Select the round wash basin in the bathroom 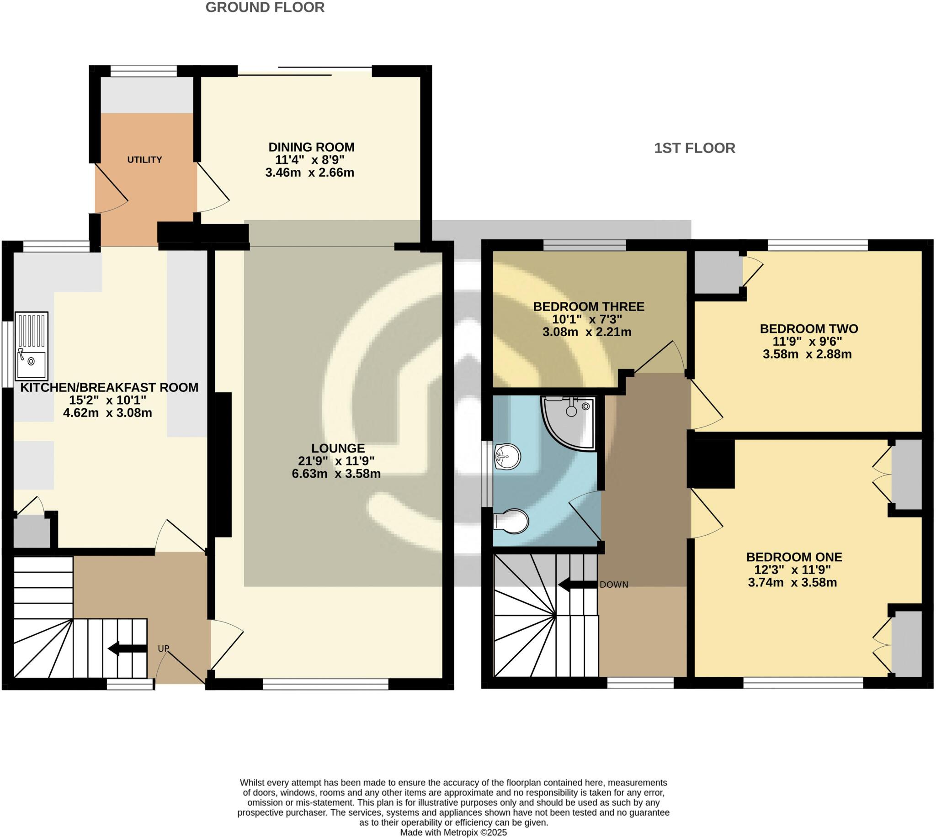[507, 457]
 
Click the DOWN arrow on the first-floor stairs [577, 584]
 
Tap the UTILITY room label [144, 160]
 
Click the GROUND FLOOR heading [265, 7]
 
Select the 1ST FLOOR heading [695, 148]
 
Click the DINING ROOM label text [312, 148]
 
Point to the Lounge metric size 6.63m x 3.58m [336, 473]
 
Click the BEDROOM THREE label [589, 306]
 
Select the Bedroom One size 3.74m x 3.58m [792, 582]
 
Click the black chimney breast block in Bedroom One [711, 464]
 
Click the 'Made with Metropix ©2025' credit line [453, 833]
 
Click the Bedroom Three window [585, 246]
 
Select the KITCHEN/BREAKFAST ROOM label [109, 387]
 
